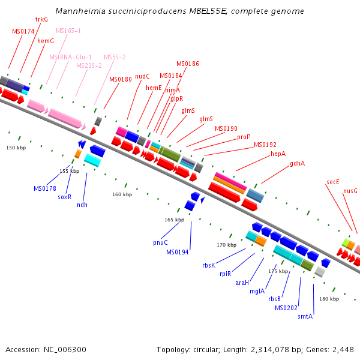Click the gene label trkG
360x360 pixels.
click(41, 19)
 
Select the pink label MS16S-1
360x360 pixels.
click(68, 31)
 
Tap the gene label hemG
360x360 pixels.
click(46, 41)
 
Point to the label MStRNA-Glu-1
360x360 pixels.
click(71, 57)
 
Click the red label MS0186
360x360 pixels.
click(188, 64)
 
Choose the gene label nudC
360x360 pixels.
click(142, 76)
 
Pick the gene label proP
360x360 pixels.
click(244, 137)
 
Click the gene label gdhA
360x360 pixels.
click(297, 163)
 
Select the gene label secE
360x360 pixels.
click(333, 181)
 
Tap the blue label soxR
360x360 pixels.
click(65, 197)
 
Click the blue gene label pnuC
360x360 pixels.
click(160, 242)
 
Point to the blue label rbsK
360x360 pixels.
click(208, 265)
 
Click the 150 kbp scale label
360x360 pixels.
click(16, 148)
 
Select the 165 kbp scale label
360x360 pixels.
click(173, 220)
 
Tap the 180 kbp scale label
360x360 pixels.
click(329, 299)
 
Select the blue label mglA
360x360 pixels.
click(256, 292)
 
